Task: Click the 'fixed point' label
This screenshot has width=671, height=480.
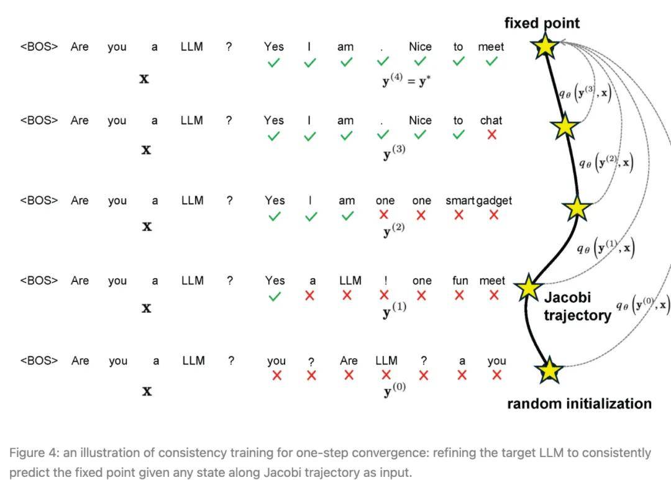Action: pyautogui.click(x=542, y=23)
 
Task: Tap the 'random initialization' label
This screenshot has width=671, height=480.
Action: pyautogui.click(x=579, y=404)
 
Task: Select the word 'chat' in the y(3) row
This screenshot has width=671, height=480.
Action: pyautogui.click(x=491, y=120)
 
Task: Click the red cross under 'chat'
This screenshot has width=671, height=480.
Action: pyautogui.click(x=491, y=135)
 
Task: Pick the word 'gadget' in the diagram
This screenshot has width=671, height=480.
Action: pyautogui.click(x=494, y=201)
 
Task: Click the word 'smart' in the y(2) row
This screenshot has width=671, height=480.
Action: pyautogui.click(x=460, y=201)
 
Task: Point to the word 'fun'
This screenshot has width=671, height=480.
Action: pyautogui.click(x=460, y=281)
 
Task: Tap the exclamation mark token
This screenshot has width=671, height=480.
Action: pyautogui.click(x=386, y=281)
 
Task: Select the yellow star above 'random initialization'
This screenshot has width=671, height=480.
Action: pyautogui.click(x=549, y=369)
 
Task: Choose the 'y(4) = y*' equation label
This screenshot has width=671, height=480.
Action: pyautogui.click(x=406, y=80)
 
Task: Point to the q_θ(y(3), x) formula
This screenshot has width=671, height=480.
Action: pyautogui.click(x=585, y=93)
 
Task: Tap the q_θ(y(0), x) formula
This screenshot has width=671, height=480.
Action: pyautogui.click(x=642, y=304)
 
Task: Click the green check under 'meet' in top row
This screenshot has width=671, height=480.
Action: pyautogui.click(x=491, y=61)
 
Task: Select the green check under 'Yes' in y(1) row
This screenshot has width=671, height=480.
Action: pyautogui.click(x=275, y=296)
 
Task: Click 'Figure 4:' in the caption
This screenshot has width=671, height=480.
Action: pyautogui.click(x=34, y=453)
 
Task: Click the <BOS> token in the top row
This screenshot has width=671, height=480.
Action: pyautogui.click(x=39, y=47)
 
